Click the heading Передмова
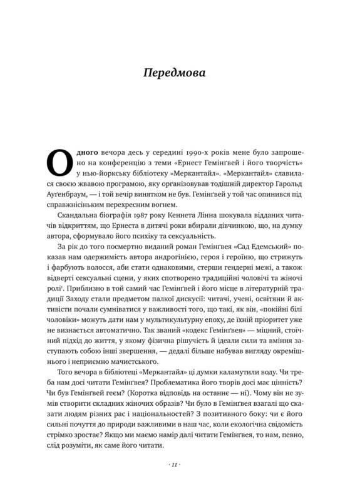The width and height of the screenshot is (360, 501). (x=179, y=74)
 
